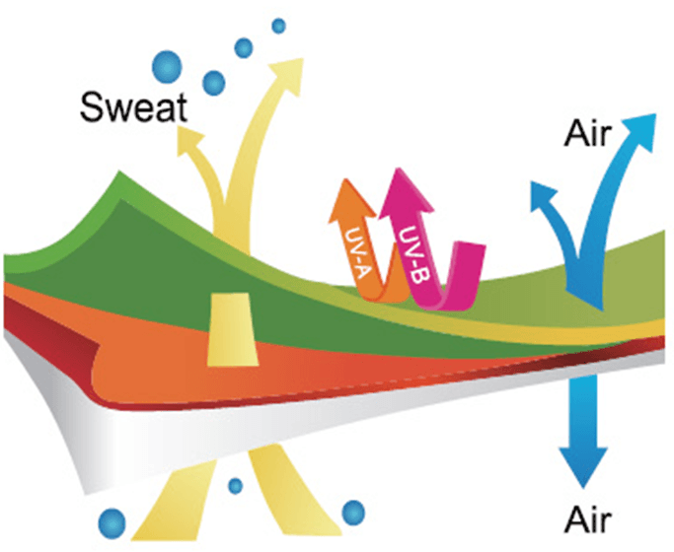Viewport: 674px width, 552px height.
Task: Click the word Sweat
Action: pyautogui.click(x=134, y=106)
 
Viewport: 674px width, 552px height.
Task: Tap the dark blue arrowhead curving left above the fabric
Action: pyautogui.click(x=542, y=197)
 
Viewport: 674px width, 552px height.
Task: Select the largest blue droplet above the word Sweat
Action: pyautogui.click(x=168, y=67)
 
